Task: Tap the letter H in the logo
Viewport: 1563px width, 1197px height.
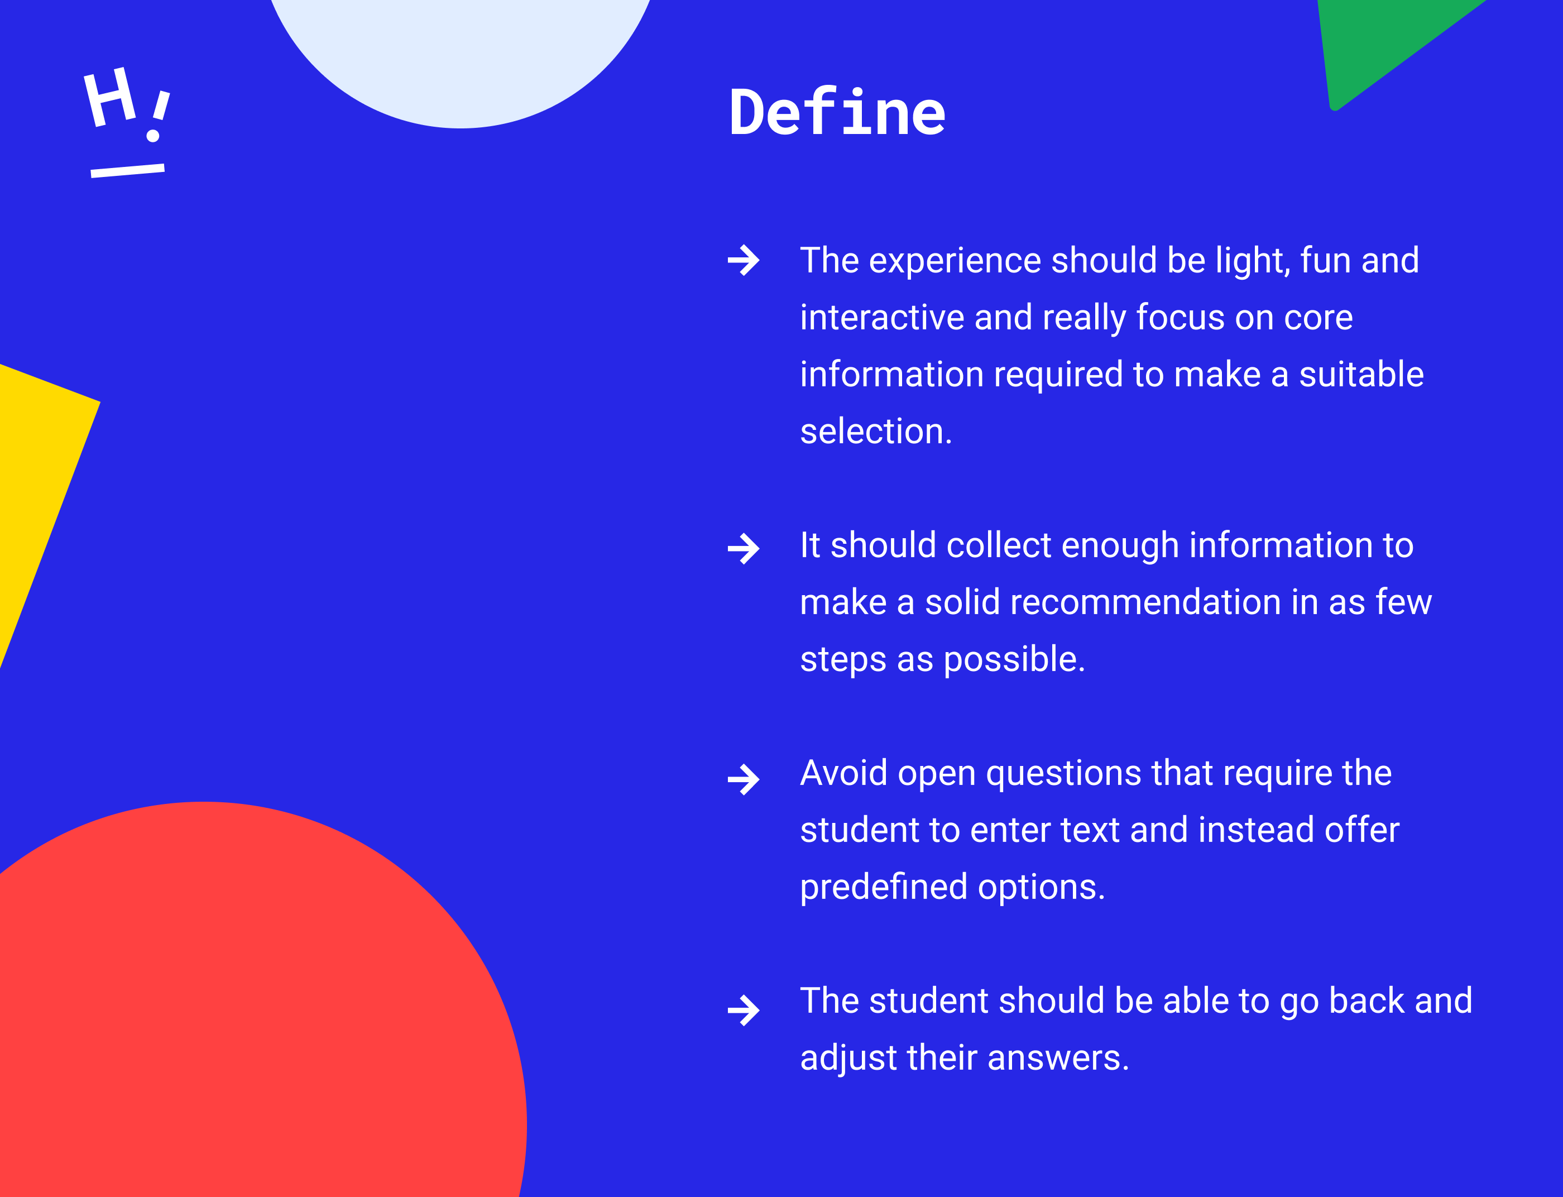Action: [110, 97]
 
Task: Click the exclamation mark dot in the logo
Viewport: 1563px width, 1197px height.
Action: [152, 135]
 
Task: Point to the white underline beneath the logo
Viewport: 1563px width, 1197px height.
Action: [127, 170]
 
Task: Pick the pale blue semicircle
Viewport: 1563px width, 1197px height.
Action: [460, 57]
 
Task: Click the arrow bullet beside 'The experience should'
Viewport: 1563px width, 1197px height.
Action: [744, 260]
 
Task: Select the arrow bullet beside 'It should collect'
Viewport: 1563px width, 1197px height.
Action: [744, 549]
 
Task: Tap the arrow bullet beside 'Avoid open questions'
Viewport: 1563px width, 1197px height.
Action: [744, 779]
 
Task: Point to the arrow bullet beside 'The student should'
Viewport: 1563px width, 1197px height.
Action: [744, 1011]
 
